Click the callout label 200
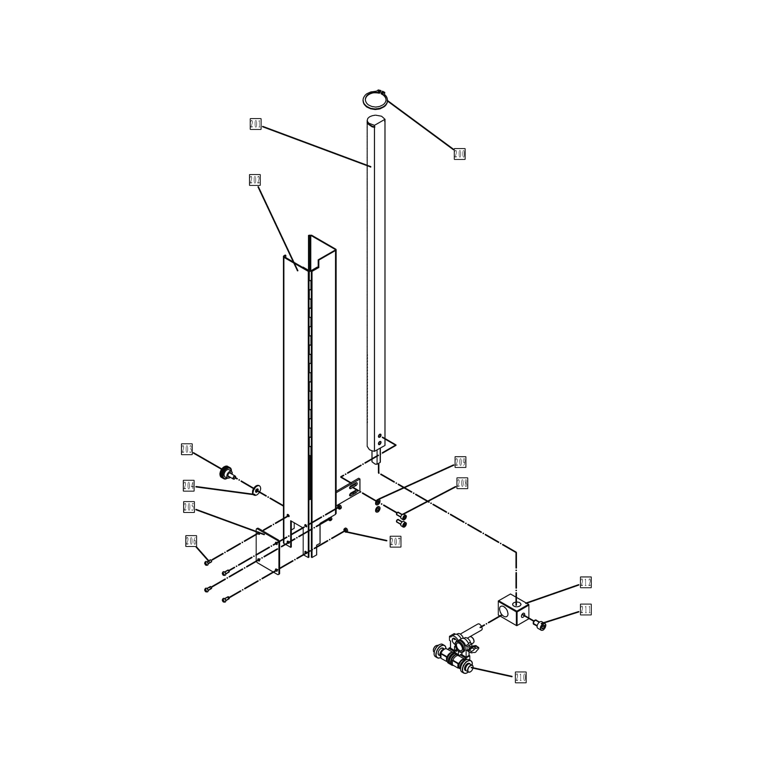pos(459,154)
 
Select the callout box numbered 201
pos(256,124)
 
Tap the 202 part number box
pos(255,180)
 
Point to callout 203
pos(187,449)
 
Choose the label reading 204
pos(189,486)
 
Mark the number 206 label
pos(191,541)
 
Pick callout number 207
pos(395,542)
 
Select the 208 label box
pos(462,483)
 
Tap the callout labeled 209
pos(460,462)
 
